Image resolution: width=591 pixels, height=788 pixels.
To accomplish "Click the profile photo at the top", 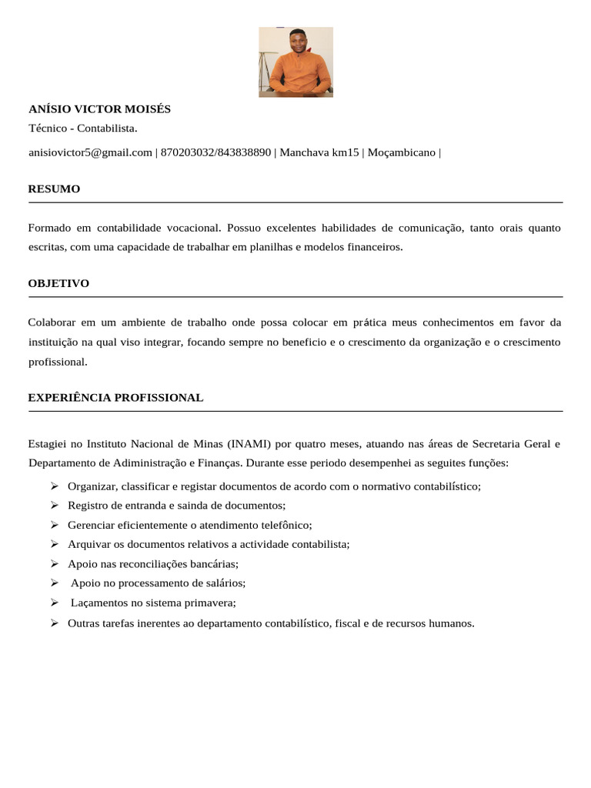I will (295, 62).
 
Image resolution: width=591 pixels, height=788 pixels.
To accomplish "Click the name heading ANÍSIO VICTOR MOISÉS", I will (99, 109).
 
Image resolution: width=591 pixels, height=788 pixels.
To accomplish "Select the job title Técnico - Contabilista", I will (83, 128).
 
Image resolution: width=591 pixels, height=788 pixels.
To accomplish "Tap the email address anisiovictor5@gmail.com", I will (90, 152).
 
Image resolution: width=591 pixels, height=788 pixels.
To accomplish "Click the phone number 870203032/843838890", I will (215, 152).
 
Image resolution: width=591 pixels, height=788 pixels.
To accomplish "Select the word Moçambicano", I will (401, 152).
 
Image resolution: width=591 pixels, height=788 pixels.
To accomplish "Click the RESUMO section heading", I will (54, 189).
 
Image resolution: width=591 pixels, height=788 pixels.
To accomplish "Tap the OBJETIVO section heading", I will (58, 283).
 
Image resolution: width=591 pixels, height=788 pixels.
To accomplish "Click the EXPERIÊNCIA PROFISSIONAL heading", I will (115, 398).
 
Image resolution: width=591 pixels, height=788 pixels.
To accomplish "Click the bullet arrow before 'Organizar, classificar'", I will (55, 486).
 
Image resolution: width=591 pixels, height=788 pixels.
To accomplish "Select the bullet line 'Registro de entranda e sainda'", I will (176, 506).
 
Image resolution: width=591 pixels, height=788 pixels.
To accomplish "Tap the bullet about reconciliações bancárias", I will (153, 564).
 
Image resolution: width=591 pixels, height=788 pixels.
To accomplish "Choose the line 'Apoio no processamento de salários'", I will (158, 583).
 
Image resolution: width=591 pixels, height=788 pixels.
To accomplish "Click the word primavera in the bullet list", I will (209, 603).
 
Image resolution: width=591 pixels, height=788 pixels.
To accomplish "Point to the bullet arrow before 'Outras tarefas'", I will (55, 623).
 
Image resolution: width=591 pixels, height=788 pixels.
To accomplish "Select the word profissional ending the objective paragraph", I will (58, 361).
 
